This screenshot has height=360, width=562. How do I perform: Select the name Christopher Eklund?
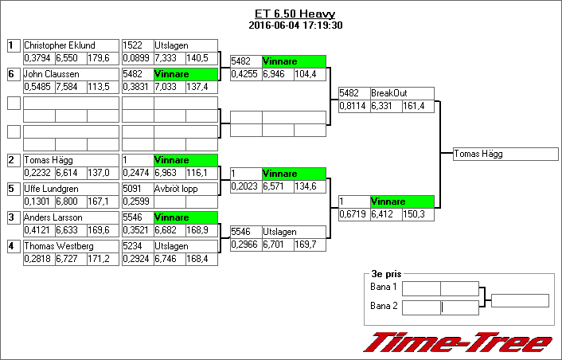tap(60, 45)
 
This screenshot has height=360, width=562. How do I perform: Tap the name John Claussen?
tap(51, 74)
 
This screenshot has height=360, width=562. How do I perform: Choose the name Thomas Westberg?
tap(59, 246)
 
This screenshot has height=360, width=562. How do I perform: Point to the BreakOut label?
tap(389, 93)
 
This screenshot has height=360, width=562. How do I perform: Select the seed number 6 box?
tap(13, 74)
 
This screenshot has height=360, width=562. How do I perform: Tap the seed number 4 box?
tap(13, 246)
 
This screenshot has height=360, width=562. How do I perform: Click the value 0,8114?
tap(353, 106)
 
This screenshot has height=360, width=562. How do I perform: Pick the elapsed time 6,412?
tap(385, 214)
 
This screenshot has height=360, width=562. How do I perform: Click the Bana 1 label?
tap(384, 287)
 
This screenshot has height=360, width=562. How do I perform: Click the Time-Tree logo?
tap(459, 342)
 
